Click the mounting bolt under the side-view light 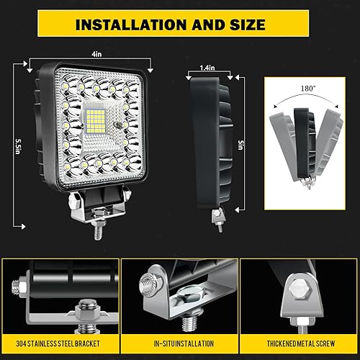[x=215, y=218]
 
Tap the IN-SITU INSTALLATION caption [x=179, y=341]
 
